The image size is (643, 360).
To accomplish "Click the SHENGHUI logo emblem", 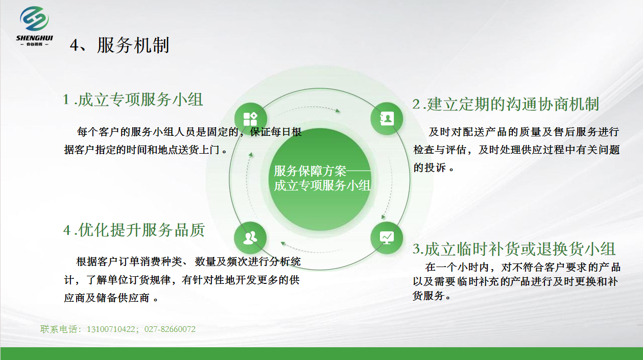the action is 34,19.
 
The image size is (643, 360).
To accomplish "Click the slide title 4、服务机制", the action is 120,45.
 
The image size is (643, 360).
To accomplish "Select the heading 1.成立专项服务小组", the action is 133,100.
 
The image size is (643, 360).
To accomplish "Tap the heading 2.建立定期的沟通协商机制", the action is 506,104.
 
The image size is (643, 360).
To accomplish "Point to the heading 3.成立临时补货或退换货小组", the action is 514,249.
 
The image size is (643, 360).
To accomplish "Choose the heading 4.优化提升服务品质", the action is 134,230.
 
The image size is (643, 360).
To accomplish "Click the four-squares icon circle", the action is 250,119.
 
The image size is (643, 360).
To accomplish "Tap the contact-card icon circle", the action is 387,118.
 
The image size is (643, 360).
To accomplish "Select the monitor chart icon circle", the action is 387,238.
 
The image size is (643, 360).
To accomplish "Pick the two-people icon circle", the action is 250,238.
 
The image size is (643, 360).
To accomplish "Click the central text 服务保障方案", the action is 310,171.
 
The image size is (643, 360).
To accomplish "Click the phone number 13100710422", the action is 111,329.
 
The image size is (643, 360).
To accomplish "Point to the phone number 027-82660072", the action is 170,329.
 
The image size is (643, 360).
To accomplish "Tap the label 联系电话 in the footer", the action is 59,329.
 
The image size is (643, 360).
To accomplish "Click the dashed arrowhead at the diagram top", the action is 338,110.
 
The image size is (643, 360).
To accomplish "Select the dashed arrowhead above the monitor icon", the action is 383,217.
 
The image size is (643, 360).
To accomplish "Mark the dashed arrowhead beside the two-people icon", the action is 283,244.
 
